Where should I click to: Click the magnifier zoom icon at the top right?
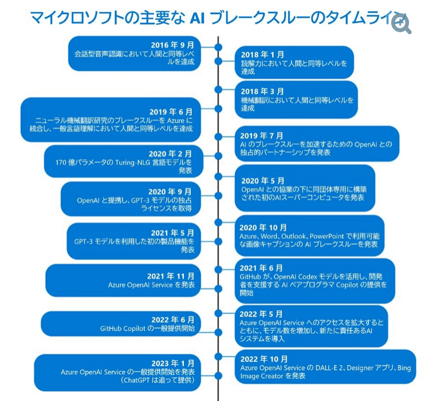[402, 24]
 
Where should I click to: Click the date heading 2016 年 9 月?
[172, 45]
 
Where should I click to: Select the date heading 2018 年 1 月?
[262, 54]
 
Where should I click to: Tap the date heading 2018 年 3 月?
[262, 91]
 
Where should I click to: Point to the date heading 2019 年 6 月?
[171, 112]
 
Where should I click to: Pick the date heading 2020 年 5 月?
[262, 180]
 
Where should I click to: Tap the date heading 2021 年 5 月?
[172, 233]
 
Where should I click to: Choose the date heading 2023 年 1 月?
[172, 363]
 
